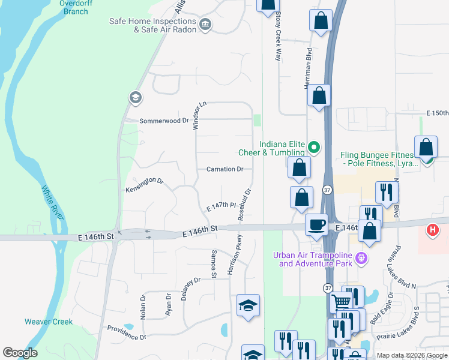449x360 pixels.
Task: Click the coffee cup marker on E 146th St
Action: tap(316, 225)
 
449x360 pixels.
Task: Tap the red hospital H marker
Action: tap(432, 230)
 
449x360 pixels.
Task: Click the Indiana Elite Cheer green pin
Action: tap(313, 146)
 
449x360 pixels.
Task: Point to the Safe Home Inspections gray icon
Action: tap(206, 24)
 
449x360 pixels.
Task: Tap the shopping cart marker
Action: tap(342, 302)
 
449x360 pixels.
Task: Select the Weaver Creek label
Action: tap(49, 322)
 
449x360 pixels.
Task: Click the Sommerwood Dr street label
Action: tap(164, 121)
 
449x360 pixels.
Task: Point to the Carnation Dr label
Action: tap(224, 169)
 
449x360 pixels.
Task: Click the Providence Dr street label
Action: tap(126, 332)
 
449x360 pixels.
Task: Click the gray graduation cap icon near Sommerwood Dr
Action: tap(134, 97)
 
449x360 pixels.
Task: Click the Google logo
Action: tap(20, 352)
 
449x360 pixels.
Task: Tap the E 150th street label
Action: tap(436, 113)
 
